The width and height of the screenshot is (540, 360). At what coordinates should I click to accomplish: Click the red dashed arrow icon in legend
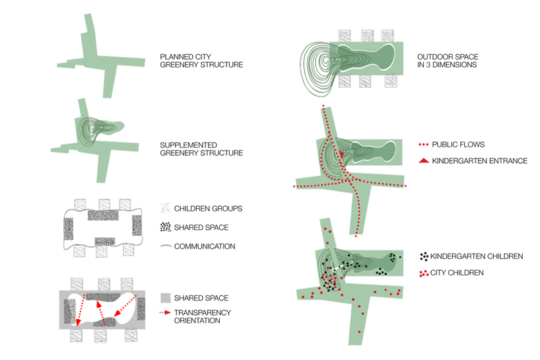[x=166, y=312]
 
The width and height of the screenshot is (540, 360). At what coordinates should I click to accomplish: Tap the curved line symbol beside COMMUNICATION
[x=166, y=246]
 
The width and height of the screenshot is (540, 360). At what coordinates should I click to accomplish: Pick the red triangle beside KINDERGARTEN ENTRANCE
[x=424, y=161]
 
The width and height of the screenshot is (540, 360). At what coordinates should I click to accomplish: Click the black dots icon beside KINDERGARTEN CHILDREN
[x=424, y=256]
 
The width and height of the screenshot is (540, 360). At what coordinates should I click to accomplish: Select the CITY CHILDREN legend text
[x=459, y=272]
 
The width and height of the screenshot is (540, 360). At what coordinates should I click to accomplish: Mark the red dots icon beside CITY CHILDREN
[x=424, y=272]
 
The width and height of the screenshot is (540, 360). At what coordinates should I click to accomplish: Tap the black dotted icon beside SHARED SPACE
[x=166, y=227]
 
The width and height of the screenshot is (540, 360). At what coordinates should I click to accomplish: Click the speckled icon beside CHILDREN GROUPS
[x=166, y=209]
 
